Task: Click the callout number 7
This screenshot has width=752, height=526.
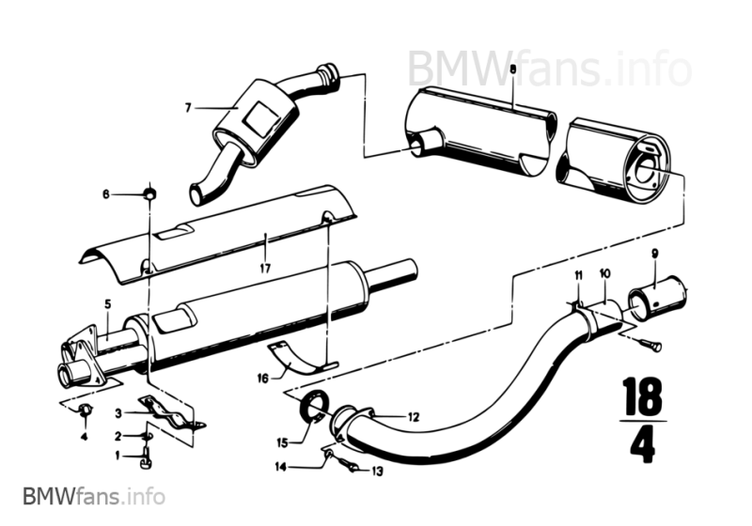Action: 188,108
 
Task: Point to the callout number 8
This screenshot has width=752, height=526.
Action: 512,69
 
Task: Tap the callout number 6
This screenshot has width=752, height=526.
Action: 107,193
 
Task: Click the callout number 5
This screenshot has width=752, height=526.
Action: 108,303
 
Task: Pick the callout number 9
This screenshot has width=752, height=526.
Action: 654,252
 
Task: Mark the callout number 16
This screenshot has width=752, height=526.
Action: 261,379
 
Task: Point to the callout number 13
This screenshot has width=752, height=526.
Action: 379,471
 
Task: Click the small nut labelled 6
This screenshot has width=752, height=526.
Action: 149,193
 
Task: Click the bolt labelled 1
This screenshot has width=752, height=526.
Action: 144,459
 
